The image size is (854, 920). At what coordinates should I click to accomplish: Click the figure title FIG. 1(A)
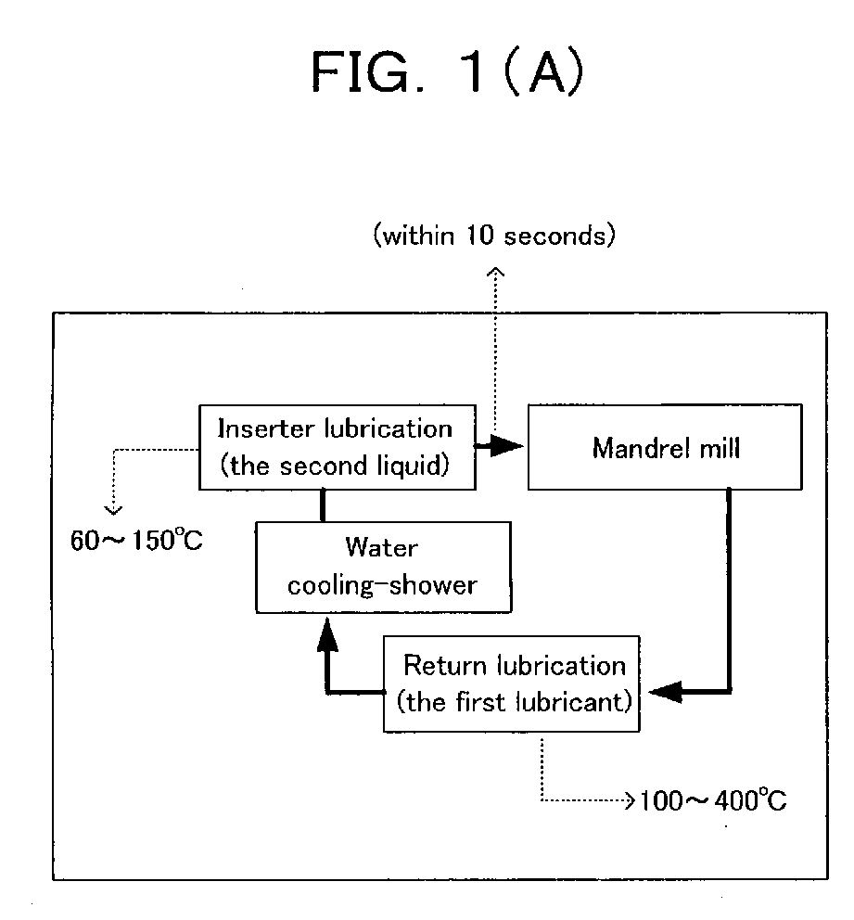(x=448, y=72)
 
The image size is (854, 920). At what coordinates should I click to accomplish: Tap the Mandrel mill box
(x=665, y=447)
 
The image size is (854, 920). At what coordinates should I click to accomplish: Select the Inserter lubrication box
(x=338, y=447)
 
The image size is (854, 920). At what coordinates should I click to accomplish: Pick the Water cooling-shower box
(x=384, y=568)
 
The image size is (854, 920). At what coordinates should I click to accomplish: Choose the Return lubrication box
(x=512, y=684)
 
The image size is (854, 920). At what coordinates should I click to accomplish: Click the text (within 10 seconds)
(x=494, y=236)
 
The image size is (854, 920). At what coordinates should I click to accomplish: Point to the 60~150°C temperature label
(x=136, y=540)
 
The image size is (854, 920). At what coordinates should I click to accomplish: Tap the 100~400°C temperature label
(x=713, y=799)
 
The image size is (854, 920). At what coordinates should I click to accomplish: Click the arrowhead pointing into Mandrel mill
(x=507, y=446)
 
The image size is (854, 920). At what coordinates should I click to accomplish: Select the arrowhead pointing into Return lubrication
(x=665, y=692)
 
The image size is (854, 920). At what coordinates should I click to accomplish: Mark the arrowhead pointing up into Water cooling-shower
(x=327, y=635)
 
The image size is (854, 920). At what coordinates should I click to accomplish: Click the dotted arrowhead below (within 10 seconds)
(x=496, y=272)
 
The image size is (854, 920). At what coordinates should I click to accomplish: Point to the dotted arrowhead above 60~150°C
(x=113, y=510)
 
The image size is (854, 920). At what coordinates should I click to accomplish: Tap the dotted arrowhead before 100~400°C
(x=630, y=800)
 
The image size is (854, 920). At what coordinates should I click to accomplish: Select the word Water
(x=382, y=547)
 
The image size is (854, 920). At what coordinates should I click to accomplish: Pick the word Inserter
(x=267, y=428)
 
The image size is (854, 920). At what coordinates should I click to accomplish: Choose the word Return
(x=445, y=666)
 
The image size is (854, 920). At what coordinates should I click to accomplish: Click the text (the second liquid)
(x=335, y=466)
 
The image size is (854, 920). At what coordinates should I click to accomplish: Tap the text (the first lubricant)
(x=515, y=702)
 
